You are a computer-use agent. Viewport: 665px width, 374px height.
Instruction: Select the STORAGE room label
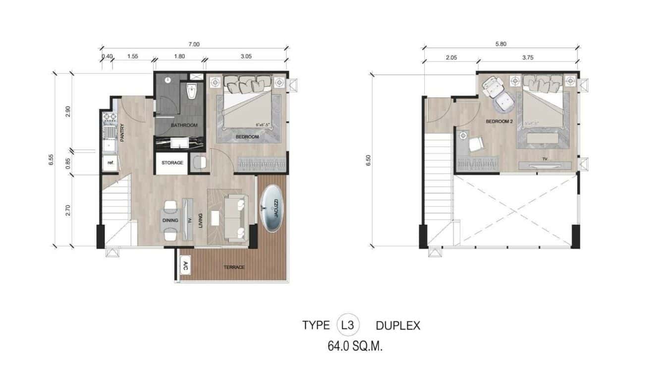click(x=172, y=163)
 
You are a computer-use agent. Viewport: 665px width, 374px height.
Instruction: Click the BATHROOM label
click(x=184, y=125)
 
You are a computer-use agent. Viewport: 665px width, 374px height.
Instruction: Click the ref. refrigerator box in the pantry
click(x=110, y=163)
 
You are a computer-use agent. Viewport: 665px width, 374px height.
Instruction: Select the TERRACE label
click(x=234, y=267)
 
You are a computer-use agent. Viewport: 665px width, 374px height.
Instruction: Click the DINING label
click(x=170, y=220)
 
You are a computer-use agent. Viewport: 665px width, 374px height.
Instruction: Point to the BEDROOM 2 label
click(x=499, y=122)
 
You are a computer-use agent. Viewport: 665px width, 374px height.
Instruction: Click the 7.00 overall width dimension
click(x=194, y=44)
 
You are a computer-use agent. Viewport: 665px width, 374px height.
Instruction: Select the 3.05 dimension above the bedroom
click(x=246, y=57)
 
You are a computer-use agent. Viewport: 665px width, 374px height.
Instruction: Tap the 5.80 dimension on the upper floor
click(x=500, y=44)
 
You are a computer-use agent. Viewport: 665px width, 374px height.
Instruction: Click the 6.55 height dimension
click(x=52, y=160)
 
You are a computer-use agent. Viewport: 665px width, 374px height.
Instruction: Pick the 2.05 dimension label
click(x=451, y=58)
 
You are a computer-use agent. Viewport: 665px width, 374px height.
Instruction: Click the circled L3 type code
click(x=348, y=325)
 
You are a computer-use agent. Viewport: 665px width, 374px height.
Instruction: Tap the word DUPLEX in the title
click(x=398, y=326)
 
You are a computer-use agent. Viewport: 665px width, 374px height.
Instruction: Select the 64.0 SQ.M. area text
click(x=355, y=346)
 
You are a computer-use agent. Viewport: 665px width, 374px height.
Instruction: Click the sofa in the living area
click(x=236, y=218)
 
